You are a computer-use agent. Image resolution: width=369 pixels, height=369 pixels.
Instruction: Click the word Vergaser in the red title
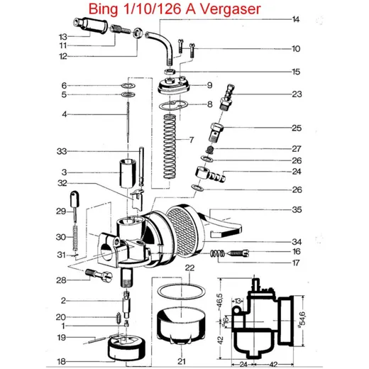[x=230, y=9]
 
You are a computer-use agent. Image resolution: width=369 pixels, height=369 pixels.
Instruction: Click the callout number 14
[x=296, y=19]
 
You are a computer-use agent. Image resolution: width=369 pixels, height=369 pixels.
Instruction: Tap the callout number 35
[x=297, y=209]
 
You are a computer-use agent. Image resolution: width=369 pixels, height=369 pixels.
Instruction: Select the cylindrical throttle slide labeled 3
[x=128, y=174]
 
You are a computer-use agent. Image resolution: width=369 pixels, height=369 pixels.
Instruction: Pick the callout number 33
[x=62, y=151]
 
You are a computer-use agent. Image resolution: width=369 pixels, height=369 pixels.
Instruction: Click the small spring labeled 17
[x=217, y=254]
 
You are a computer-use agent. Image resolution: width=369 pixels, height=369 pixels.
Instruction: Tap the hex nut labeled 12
[x=138, y=33]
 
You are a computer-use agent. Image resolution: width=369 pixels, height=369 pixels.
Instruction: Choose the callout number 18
[x=61, y=361]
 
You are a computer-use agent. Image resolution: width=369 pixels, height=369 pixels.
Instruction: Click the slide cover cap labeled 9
[x=174, y=86]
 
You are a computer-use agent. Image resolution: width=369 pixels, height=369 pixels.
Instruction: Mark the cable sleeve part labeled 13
[x=90, y=26]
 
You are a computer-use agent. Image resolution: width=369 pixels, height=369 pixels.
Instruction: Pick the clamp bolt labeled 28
[x=99, y=275]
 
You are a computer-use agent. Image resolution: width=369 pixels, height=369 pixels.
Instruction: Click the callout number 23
[x=297, y=94]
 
